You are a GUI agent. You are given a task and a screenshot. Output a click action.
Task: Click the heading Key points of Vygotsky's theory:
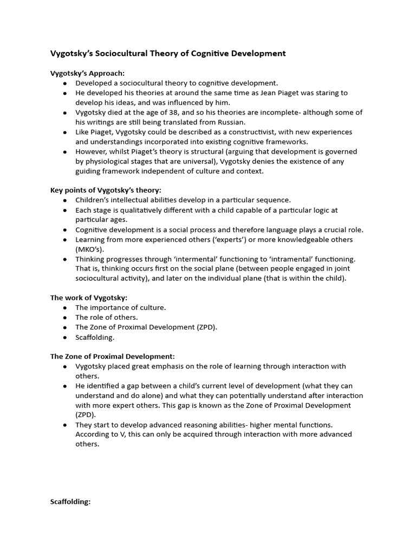(106, 190)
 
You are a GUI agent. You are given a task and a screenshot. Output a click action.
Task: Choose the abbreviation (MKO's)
(89, 249)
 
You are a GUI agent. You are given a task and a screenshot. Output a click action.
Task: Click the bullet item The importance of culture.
(121, 307)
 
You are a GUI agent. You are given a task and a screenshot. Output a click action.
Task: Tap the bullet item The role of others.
(107, 317)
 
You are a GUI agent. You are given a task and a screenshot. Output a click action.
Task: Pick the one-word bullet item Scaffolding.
(95, 337)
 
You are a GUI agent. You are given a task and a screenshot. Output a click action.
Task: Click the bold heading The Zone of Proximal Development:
(113, 357)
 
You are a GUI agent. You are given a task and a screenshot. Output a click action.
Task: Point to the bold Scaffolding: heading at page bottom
(70, 502)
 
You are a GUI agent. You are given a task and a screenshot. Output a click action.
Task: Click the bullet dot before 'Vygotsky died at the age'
(65, 113)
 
